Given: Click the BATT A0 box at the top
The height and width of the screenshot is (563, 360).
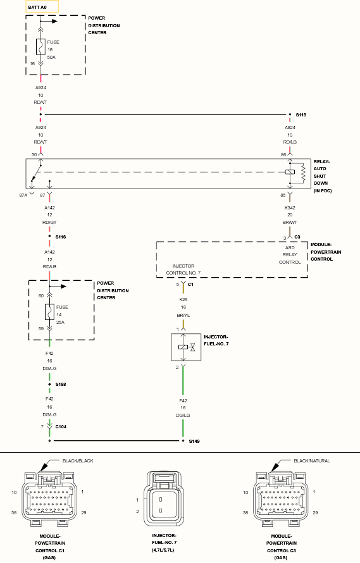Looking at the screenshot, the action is click(x=42, y=7).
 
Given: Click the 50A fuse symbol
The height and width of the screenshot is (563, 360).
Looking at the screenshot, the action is click(x=40, y=47).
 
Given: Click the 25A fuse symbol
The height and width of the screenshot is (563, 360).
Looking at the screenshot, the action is click(x=49, y=312).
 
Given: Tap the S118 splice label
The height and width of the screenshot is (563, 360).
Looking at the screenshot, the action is click(x=301, y=115).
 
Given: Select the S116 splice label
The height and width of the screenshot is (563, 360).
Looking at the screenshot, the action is click(x=60, y=237).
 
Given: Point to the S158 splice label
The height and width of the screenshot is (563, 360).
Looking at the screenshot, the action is click(x=60, y=384).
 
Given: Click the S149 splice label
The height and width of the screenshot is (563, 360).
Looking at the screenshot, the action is click(x=194, y=441).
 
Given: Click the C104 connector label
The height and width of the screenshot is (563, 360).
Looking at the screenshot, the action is click(x=61, y=426).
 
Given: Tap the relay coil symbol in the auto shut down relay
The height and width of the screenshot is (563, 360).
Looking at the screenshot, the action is click(x=290, y=172).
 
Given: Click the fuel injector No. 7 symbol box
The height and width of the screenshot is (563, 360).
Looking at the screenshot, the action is click(x=186, y=347).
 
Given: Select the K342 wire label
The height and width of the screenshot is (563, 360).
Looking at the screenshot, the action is click(x=290, y=207).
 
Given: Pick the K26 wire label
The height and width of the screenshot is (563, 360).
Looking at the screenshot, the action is click(x=183, y=299).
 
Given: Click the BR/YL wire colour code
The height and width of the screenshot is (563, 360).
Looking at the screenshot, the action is click(x=183, y=315).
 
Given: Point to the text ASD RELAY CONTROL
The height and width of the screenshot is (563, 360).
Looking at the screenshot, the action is click(x=290, y=255).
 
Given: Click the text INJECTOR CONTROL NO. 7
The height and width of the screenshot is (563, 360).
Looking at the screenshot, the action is click(x=183, y=269).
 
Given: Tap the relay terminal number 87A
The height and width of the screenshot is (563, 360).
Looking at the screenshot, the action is click(x=23, y=195).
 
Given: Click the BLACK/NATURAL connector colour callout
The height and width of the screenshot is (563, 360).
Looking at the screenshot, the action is click(x=312, y=461).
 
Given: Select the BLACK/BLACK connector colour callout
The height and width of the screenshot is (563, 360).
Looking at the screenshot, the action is click(x=78, y=461).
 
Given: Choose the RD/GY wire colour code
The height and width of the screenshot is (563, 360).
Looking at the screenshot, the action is click(x=49, y=222).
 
